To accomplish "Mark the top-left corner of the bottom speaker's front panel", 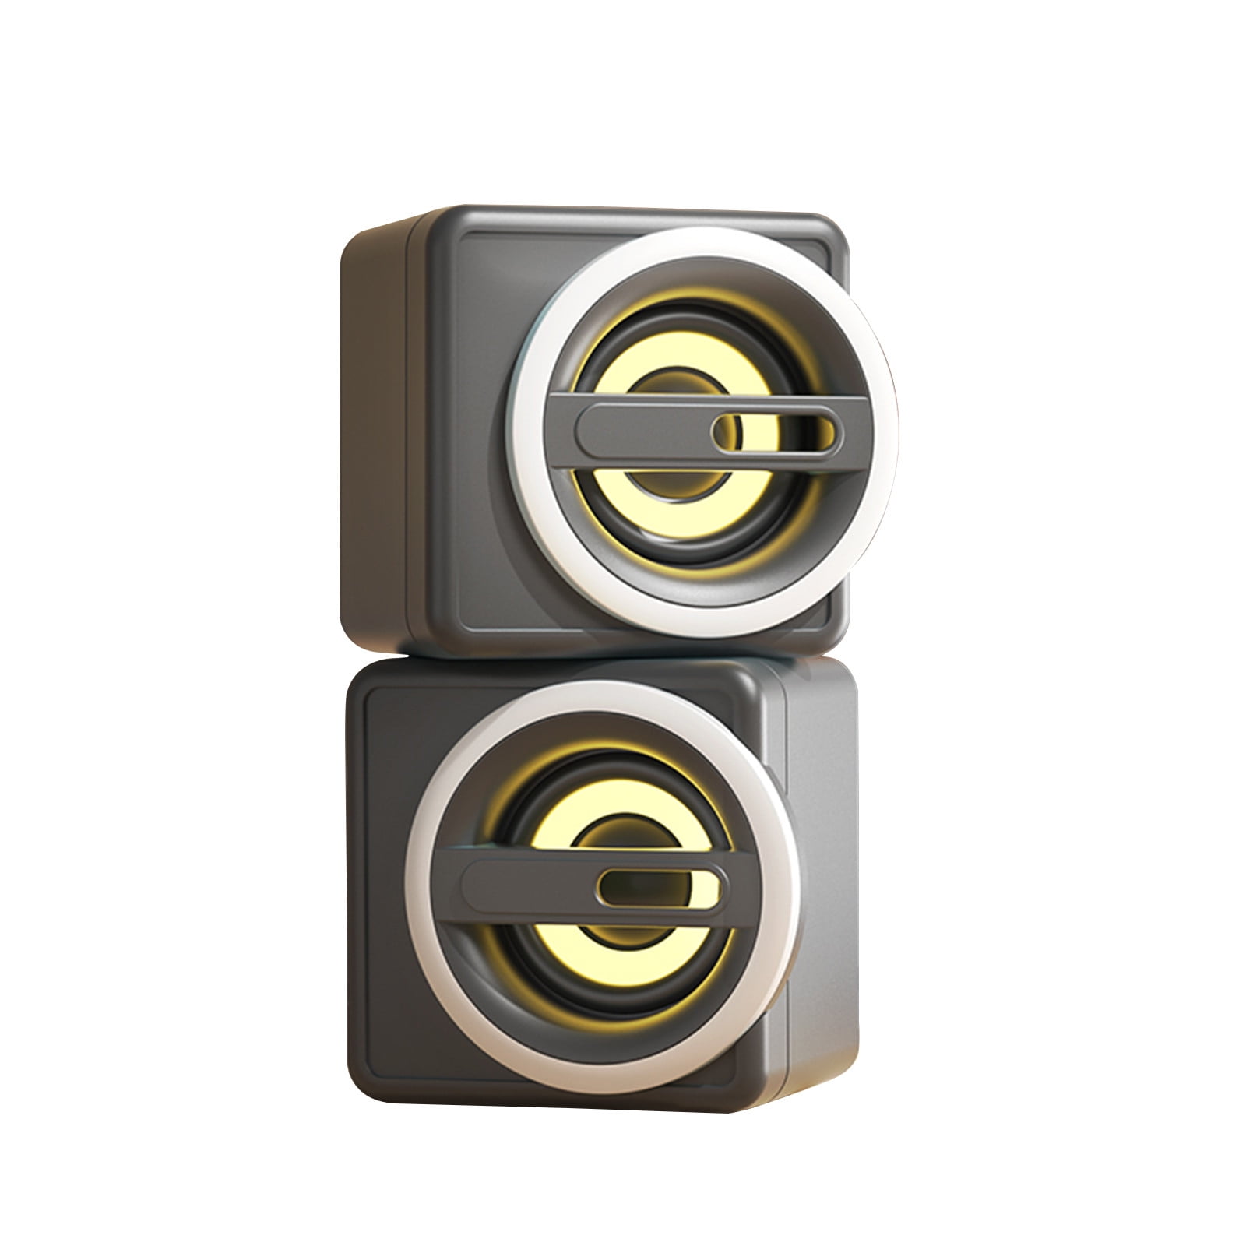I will coord(374,693).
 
